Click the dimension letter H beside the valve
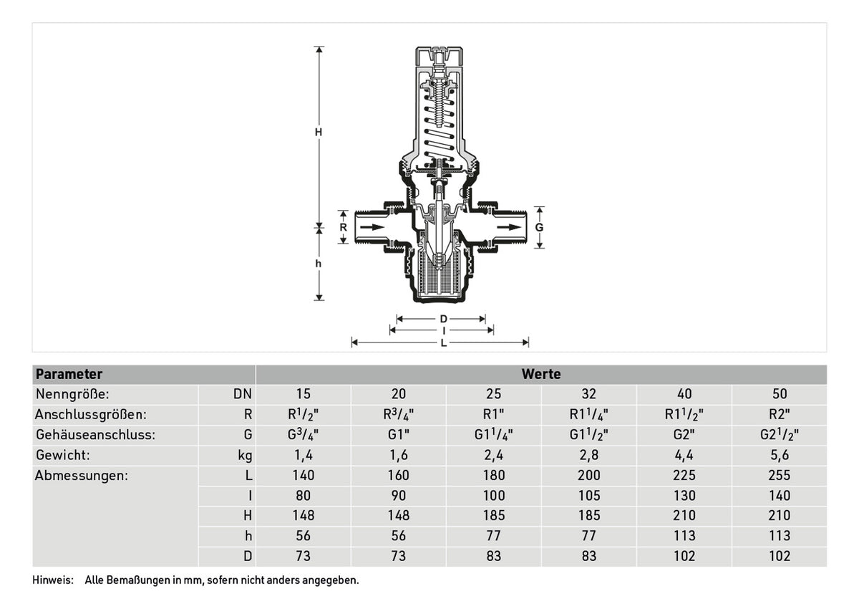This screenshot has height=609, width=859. point(319,133)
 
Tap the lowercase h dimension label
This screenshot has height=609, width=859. point(318,264)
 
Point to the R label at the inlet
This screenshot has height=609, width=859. point(343,227)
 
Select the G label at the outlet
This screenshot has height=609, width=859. point(539,228)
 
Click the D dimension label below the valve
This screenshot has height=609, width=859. point(443,319)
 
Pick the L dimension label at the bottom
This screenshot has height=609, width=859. point(444,342)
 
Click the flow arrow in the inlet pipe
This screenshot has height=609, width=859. point(372,227)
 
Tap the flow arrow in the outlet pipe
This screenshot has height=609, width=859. point(509,227)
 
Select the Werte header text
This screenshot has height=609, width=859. point(541,374)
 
